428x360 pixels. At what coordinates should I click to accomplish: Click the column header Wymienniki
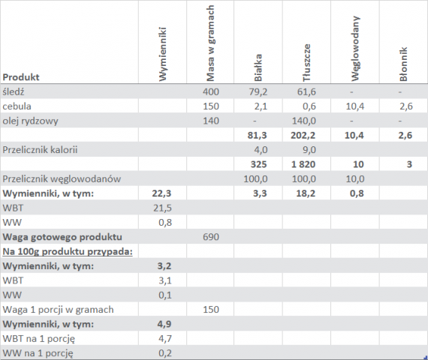(x=162, y=54)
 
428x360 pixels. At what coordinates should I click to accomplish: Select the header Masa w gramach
(x=210, y=43)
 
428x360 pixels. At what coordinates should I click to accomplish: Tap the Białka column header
(x=258, y=67)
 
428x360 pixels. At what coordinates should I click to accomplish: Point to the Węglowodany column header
(x=355, y=49)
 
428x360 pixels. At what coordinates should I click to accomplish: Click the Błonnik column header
(x=403, y=64)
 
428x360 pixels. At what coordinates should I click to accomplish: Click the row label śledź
(x=14, y=91)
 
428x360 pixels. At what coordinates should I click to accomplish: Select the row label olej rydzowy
(x=30, y=121)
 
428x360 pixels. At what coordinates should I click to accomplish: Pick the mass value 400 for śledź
(x=211, y=92)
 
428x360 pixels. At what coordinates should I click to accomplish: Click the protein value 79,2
(x=258, y=92)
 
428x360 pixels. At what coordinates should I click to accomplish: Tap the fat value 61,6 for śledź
(x=306, y=92)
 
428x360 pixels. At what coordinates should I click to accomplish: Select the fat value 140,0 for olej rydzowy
(x=304, y=121)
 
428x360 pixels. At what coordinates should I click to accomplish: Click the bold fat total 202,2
(x=303, y=135)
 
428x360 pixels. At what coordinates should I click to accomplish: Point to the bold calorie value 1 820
(x=303, y=164)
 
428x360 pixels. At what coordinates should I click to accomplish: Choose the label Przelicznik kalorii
(x=40, y=150)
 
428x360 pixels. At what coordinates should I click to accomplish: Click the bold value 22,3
(x=161, y=193)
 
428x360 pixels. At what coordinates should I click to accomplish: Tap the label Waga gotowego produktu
(x=62, y=237)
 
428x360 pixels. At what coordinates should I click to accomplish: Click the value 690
(x=211, y=237)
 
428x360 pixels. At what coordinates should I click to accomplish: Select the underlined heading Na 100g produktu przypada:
(x=68, y=251)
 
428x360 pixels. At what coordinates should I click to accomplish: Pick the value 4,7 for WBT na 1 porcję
(x=165, y=339)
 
